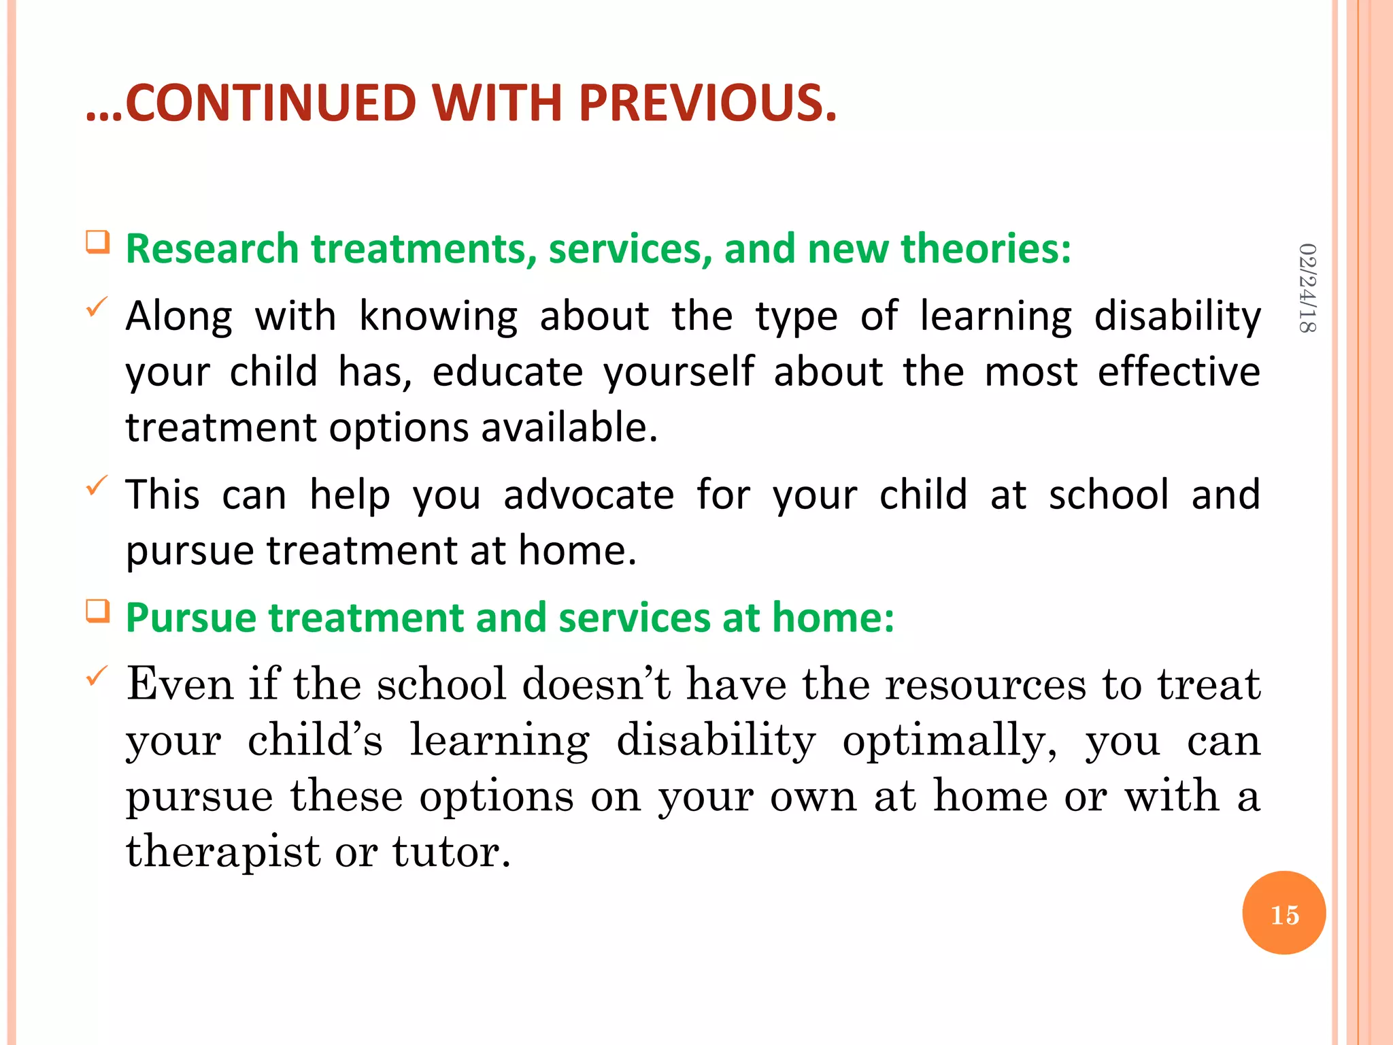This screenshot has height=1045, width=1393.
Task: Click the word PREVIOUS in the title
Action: (x=707, y=103)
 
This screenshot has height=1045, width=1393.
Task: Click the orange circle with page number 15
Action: (x=1283, y=913)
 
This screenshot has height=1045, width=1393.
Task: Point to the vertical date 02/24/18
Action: (x=1307, y=288)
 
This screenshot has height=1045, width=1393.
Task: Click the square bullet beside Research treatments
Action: (x=98, y=242)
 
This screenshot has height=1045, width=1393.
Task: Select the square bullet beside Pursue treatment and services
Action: (x=98, y=611)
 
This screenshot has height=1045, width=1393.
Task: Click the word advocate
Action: (x=588, y=495)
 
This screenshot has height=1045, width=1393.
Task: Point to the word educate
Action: (x=507, y=372)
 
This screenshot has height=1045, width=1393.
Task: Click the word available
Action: (x=569, y=428)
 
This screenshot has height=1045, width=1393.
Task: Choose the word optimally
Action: (x=950, y=741)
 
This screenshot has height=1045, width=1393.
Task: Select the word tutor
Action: (x=450, y=852)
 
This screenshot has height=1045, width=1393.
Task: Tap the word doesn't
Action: (x=596, y=684)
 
